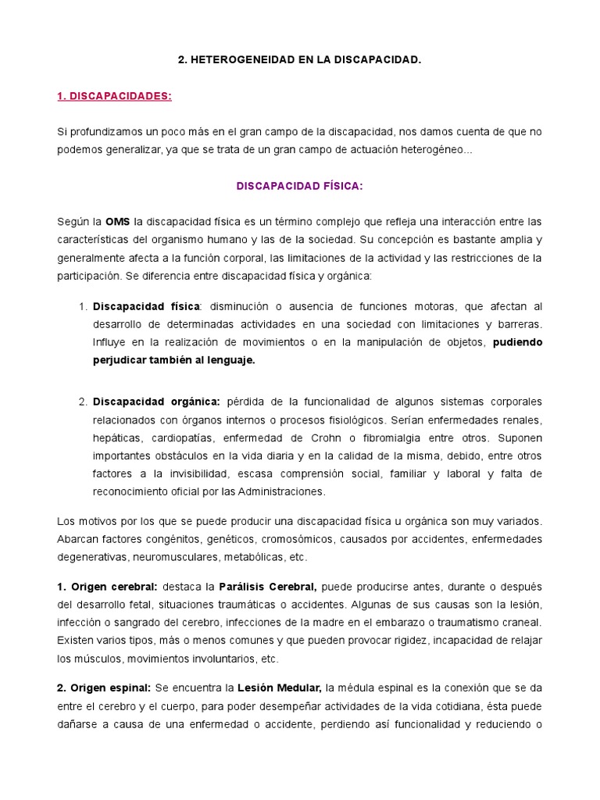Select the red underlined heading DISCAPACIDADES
click(x=114, y=95)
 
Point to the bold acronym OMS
click(x=118, y=222)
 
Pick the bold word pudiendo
click(x=517, y=342)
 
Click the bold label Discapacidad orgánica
click(x=156, y=402)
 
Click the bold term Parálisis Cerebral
click(x=267, y=587)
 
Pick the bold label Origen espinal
click(x=105, y=687)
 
